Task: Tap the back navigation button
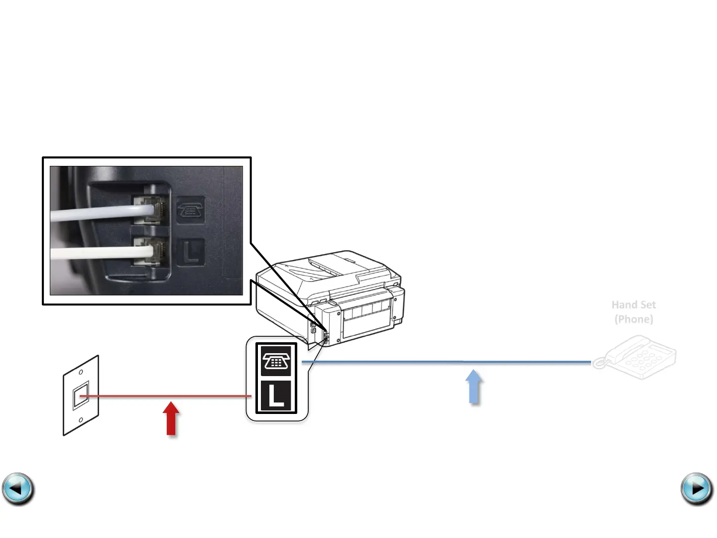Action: coord(18,489)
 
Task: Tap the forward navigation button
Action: coord(697,489)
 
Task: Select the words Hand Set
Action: coord(633,305)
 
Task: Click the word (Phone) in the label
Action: coord(633,319)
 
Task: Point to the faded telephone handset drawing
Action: coord(635,357)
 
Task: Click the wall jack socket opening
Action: coord(81,396)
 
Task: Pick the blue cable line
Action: coord(448,362)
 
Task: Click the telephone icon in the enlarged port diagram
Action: coord(276,360)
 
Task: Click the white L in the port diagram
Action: coord(276,396)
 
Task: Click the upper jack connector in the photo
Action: coord(151,209)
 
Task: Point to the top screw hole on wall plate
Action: coord(81,372)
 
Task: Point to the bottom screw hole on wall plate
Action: coord(81,420)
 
